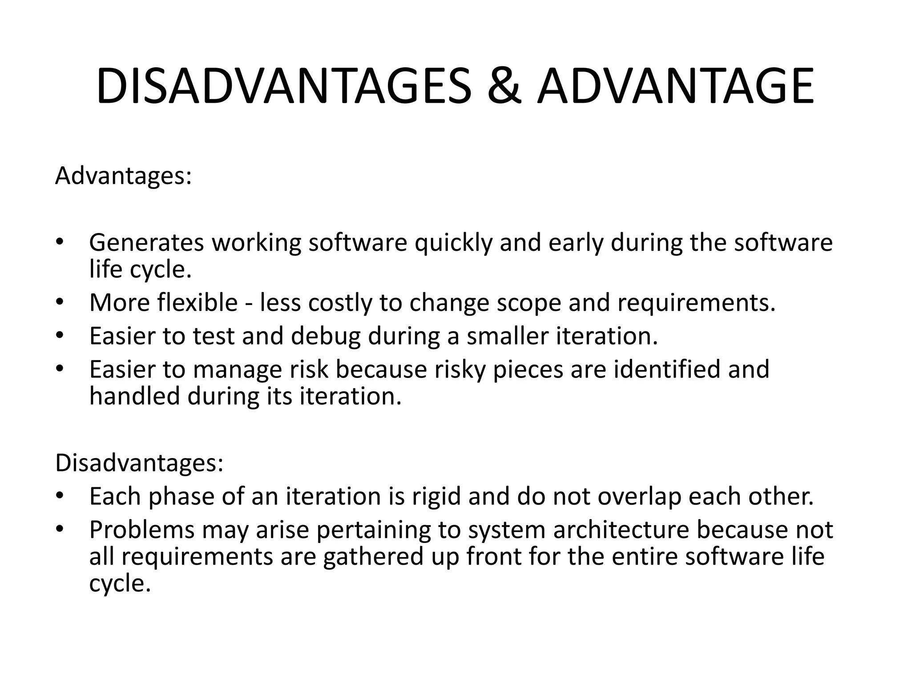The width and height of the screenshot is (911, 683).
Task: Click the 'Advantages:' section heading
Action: [x=123, y=176]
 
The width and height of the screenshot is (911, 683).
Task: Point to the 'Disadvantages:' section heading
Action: [x=139, y=463]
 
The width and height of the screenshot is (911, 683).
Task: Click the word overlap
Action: [x=639, y=497]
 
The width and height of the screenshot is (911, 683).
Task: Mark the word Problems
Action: [x=141, y=530]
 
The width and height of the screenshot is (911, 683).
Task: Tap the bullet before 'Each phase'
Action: [x=60, y=497]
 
